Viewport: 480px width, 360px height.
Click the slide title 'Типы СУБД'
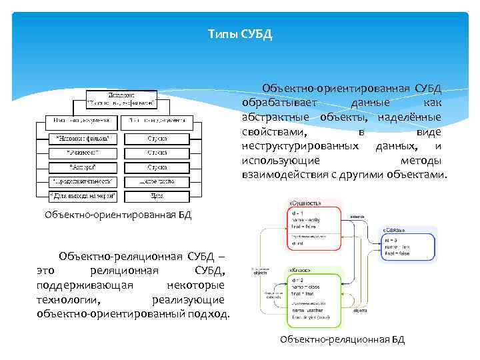tap(240, 34)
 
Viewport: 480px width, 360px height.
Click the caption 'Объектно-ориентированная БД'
tap(117, 215)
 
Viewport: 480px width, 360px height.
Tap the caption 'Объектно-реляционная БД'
tap(342, 339)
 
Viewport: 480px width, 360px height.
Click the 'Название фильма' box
tap(83, 139)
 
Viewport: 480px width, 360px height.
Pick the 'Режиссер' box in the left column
tap(83, 153)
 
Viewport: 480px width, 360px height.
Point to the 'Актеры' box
tap(83, 167)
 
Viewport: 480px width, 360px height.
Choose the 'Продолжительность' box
tap(83, 181)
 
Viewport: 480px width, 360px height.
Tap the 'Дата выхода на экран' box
tap(83, 195)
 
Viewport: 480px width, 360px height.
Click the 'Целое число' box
tap(157, 181)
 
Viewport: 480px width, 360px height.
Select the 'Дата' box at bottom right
tap(157, 195)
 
